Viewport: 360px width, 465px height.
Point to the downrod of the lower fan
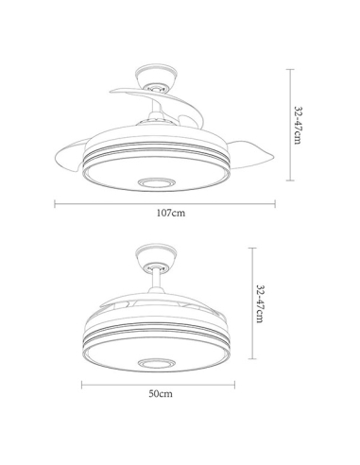point(156,282)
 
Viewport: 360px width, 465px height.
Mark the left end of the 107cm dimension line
point(54,201)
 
